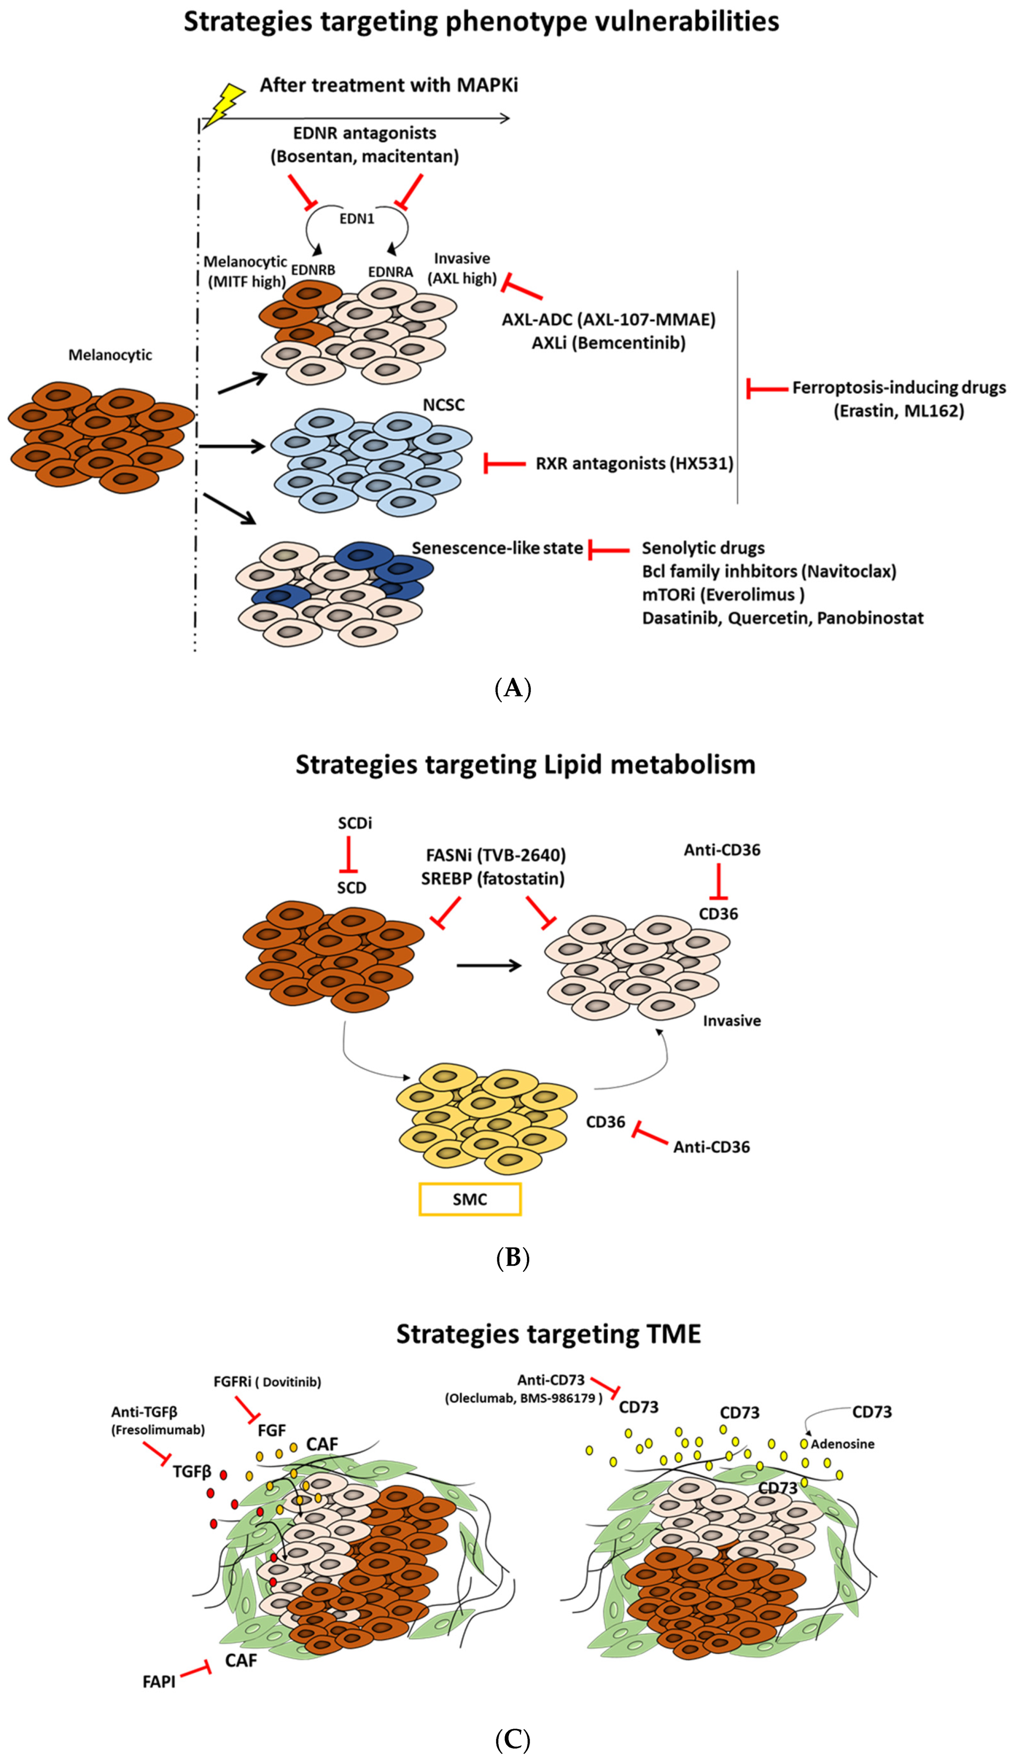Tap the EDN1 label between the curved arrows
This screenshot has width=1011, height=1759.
click(357, 219)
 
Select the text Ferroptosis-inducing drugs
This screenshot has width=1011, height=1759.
click(899, 387)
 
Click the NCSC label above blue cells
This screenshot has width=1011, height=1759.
click(444, 405)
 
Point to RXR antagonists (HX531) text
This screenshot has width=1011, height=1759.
click(634, 463)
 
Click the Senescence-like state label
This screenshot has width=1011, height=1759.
click(497, 548)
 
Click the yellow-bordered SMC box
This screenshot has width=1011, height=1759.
click(470, 1199)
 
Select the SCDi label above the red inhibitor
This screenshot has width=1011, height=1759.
click(355, 823)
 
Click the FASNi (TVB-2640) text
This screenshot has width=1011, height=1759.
click(496, 855)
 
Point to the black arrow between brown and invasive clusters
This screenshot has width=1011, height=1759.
click(489, 965)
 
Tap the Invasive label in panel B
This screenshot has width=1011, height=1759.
click(732, 1021)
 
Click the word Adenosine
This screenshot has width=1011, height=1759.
click(842, 1444)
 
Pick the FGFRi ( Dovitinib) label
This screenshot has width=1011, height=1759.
click(267, 1382)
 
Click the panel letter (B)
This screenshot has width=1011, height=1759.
click(513, 1257)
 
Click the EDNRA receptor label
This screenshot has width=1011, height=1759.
click(390, 272)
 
